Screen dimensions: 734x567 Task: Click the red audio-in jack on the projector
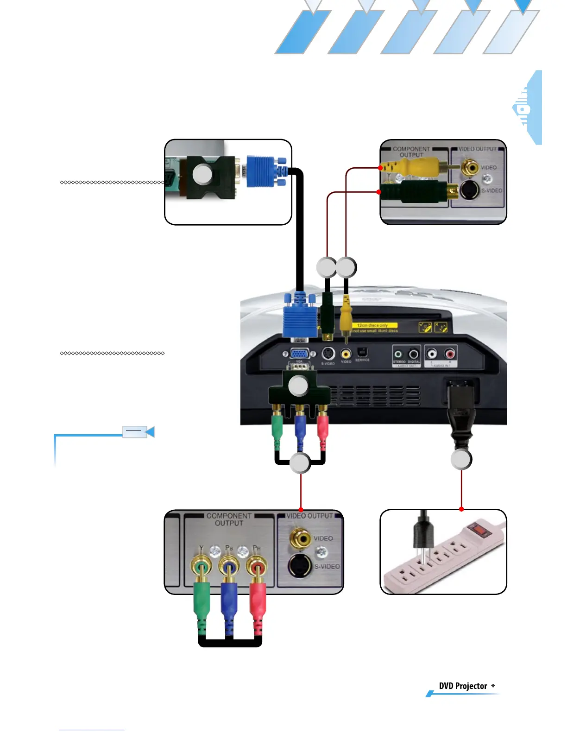click(449, 354)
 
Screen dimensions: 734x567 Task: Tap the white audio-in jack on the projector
click(432, 354)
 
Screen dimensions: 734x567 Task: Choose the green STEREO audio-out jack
click(398, 354)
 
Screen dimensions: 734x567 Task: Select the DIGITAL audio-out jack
click(413, 354)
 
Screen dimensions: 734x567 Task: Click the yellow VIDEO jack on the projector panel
click(346, 354)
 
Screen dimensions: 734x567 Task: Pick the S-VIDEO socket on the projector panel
click(328, 354)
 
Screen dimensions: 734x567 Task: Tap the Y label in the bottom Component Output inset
click(201, 548)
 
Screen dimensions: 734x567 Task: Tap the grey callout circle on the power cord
click(461, 459)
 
